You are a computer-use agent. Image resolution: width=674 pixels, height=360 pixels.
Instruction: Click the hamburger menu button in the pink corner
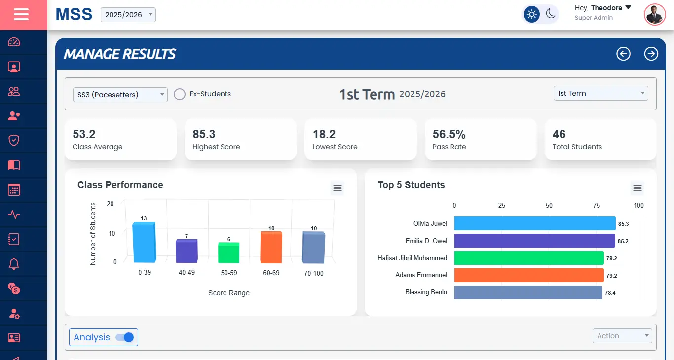point(21,15)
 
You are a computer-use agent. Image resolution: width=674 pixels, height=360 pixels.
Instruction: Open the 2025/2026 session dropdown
point(128,15)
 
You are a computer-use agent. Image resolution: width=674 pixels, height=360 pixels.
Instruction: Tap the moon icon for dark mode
point(551,14)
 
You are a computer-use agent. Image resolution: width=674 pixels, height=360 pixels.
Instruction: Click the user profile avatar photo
point(655,15)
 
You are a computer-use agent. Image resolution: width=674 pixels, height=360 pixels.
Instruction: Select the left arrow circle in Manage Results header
point(623,54)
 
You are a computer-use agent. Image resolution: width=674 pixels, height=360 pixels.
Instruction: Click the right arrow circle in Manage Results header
point(651,54)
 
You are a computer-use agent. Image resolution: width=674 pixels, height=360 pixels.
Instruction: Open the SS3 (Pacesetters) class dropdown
point(121,94)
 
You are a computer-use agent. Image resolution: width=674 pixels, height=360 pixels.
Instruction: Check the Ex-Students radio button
point(180,94)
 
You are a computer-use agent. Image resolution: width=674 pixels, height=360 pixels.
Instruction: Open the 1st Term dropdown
point(600,93)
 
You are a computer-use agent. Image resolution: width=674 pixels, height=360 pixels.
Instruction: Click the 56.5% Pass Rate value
point(449,134)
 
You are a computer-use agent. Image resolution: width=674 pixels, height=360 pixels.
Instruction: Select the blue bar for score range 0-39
point(144,243)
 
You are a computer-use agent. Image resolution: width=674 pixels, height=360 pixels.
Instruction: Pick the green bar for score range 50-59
point(228,253)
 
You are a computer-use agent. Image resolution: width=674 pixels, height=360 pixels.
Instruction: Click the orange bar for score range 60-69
point(271,248)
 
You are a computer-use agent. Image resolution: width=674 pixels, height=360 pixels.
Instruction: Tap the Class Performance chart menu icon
point(337,188)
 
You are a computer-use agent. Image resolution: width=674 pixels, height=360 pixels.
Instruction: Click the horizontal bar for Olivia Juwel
point(534,223)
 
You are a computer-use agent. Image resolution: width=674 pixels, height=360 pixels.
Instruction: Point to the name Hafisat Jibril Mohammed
point(412,258)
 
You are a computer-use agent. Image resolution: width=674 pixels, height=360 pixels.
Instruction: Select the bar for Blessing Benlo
point(528,292)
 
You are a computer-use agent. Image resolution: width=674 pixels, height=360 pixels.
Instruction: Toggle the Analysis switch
point(125,337)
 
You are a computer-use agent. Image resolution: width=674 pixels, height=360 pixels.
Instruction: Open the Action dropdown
point(622,336)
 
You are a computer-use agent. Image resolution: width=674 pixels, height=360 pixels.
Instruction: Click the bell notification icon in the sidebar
point(14,264)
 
